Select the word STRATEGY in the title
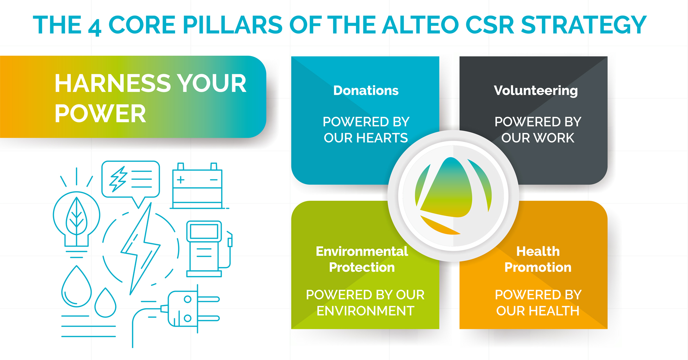[584, 25]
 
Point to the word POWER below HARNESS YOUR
[100, 113]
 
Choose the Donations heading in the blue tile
[366, 90]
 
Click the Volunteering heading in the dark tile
[536, 91]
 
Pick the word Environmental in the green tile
[362, 251]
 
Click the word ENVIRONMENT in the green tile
[365, 311]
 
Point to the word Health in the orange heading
[538, 251]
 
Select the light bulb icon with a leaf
[76, 213]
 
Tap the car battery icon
[197, 186]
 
